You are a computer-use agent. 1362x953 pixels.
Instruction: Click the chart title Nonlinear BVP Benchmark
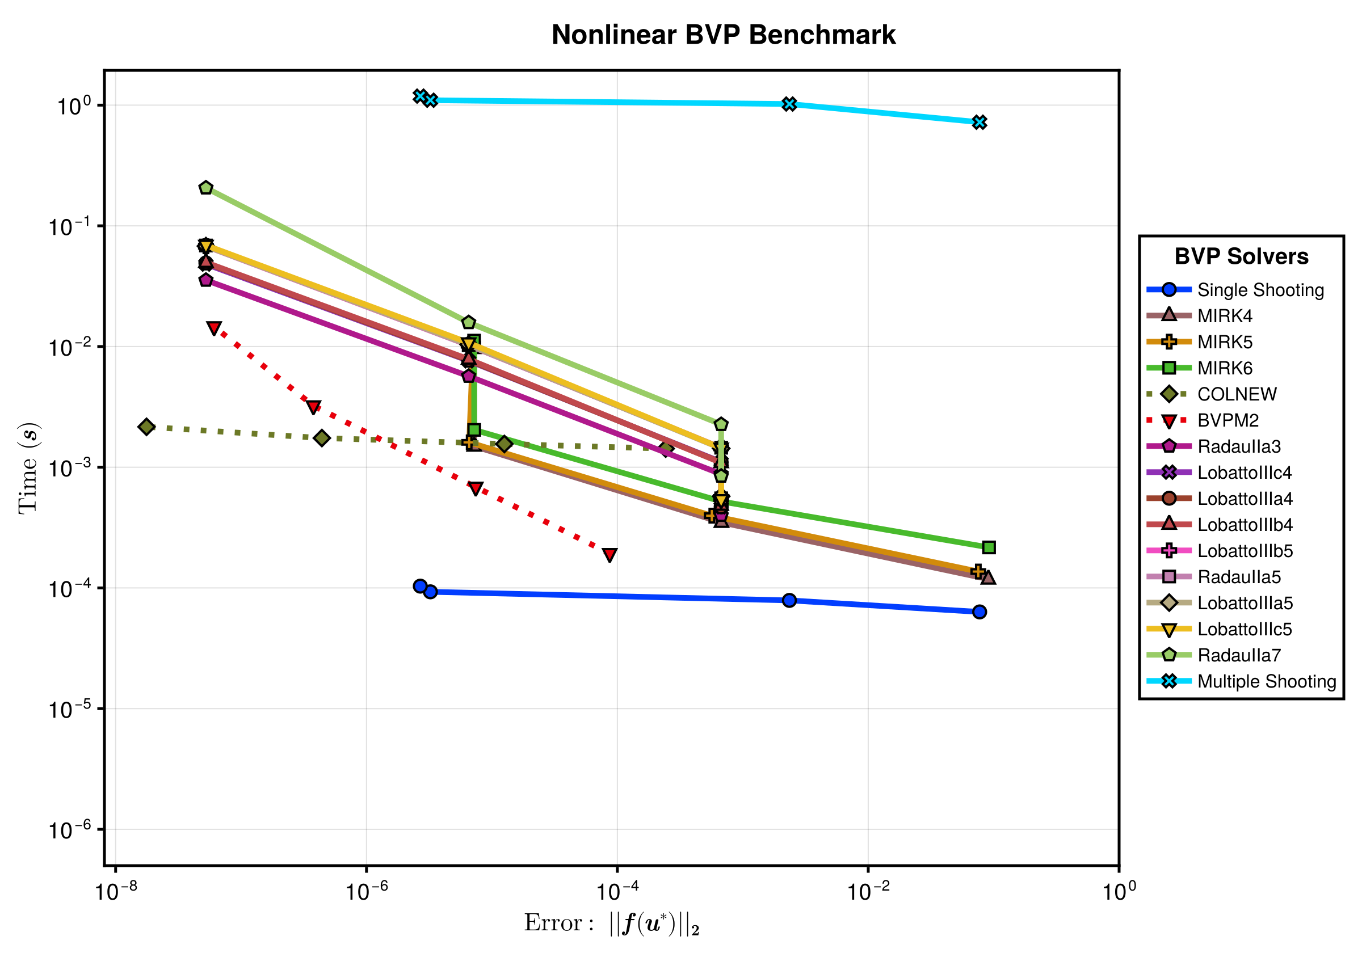tap(723, 35)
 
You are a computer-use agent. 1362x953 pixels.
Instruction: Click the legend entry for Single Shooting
tap(1235, 290)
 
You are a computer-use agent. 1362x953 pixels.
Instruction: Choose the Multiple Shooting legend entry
tap(1242, 681)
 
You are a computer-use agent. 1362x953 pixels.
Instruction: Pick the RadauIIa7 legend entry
tap(1214, 655)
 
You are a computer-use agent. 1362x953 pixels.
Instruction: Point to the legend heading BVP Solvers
tap(1241, 256)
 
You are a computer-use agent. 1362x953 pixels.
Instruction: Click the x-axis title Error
tap(612, 924)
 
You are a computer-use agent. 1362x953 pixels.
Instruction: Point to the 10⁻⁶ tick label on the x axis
tap(367, 890)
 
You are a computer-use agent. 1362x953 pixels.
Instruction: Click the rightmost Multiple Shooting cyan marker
tap(980, 122)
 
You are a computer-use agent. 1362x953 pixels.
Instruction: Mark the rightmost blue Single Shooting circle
tap(980, 612)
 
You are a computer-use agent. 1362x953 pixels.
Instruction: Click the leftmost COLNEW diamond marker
tap(146, 427)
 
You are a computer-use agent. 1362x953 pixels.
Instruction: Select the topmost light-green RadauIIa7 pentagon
tap(206, 187)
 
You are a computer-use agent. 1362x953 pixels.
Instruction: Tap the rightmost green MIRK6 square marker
tap(988, 547)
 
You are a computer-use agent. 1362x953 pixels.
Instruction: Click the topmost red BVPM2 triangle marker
tap(213, 328)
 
